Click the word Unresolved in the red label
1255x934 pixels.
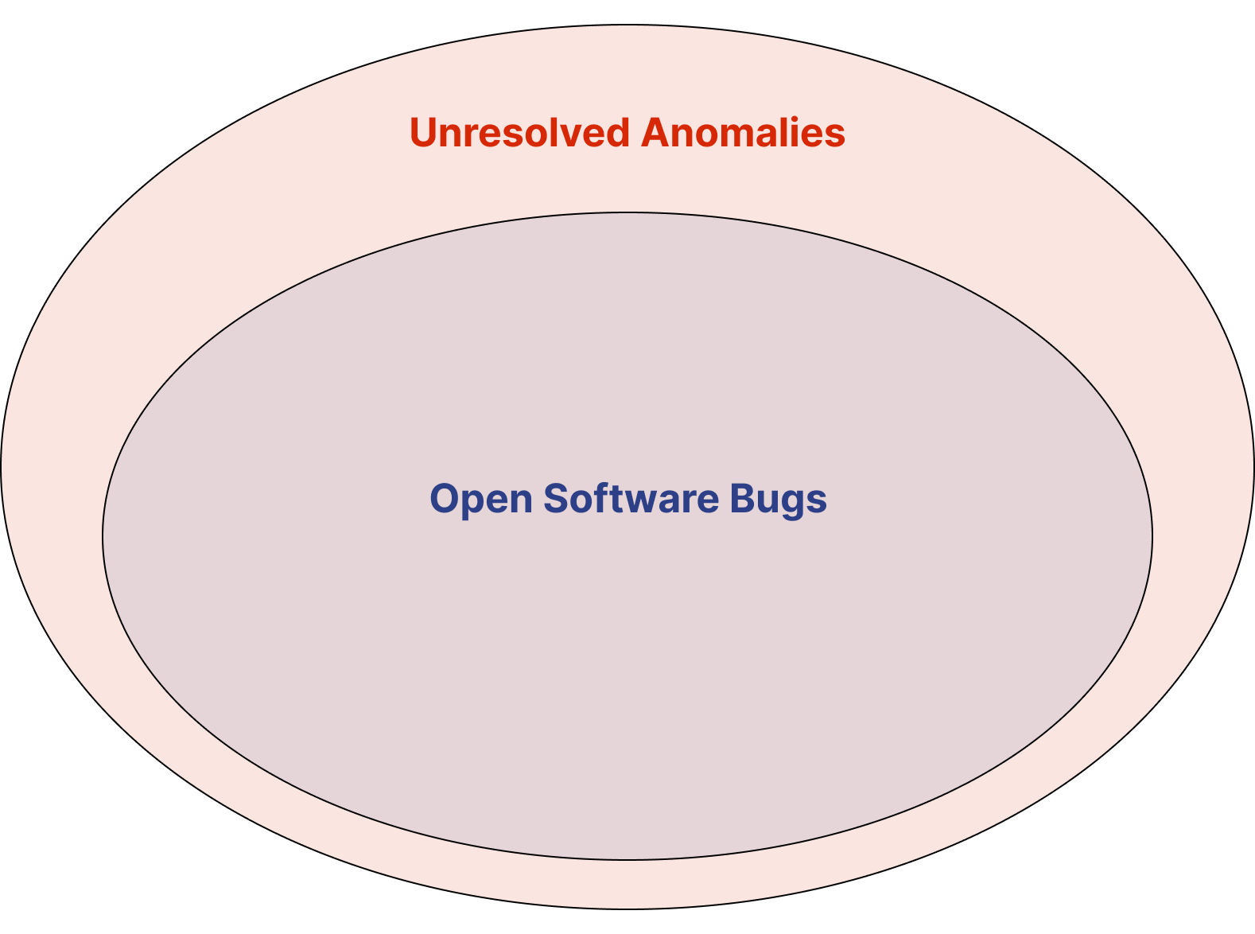tap(519, 132)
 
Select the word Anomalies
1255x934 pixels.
tap(743, 132)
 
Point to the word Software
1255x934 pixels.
tap(631, 498)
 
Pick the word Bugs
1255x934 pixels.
tap(779, 500)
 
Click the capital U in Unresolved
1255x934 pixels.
tap(425, 133)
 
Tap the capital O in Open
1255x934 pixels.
tap(446, 498)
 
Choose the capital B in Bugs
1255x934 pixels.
tap(744, 498)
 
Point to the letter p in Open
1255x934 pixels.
tap(479, 504)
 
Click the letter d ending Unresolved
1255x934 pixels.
tap(616, 132)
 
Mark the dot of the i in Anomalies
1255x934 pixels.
tap(795, 119)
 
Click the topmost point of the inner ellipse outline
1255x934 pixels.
tap(627, 212)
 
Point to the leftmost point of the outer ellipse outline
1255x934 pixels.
tap(1, 467)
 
